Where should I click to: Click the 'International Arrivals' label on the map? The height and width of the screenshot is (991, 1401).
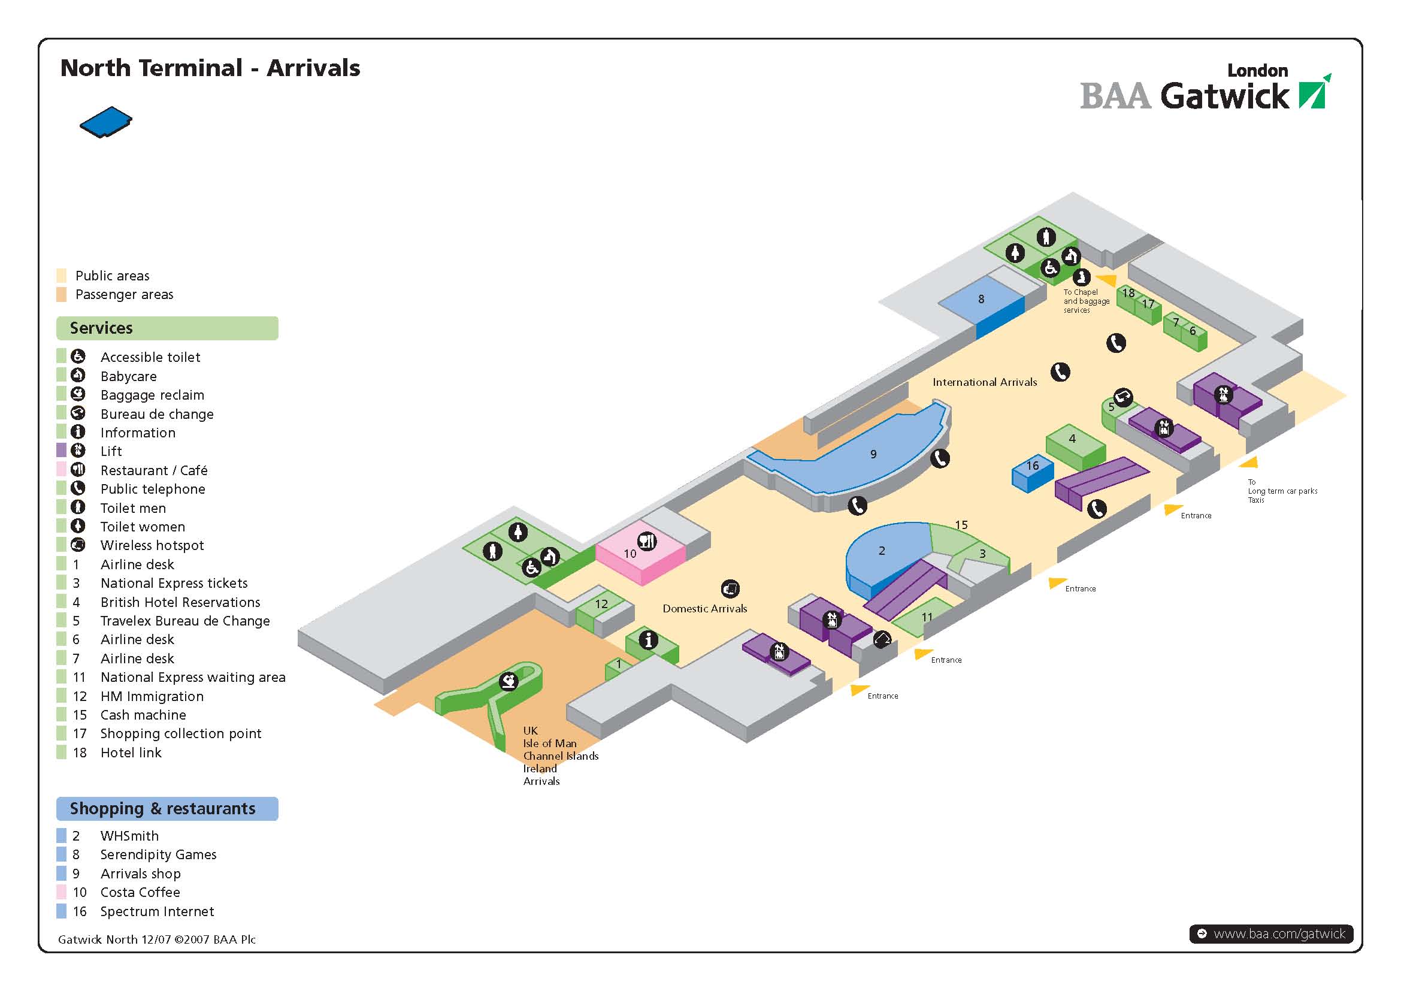984,383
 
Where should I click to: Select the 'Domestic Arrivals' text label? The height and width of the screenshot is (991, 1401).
705,608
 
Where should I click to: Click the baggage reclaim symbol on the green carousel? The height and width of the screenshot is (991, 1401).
509,681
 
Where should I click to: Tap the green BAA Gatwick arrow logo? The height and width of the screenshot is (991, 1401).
1314,93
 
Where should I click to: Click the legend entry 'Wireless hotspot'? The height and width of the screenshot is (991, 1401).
152,546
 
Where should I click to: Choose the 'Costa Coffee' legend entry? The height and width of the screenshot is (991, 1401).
140,892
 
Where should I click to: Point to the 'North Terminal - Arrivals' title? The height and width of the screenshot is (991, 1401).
210,68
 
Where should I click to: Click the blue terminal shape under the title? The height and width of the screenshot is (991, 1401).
105,121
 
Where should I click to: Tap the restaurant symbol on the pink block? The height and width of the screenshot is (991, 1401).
647,540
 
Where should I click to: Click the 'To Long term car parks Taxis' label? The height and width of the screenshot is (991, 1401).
1281,491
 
